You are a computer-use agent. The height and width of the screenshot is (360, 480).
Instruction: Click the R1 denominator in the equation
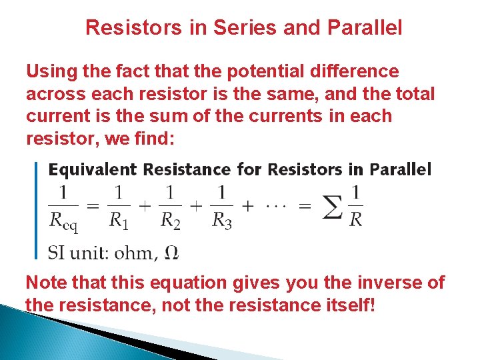click(x=118, y=220)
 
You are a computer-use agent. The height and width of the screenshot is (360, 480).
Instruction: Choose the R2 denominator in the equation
click(x=169, y=220)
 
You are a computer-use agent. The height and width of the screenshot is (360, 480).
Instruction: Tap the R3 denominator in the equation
click(x=221, y=220)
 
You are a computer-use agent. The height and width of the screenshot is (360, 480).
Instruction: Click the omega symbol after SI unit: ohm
click(x=171, y=253)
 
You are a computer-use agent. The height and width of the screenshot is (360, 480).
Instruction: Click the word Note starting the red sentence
click(x=46, y=283)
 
